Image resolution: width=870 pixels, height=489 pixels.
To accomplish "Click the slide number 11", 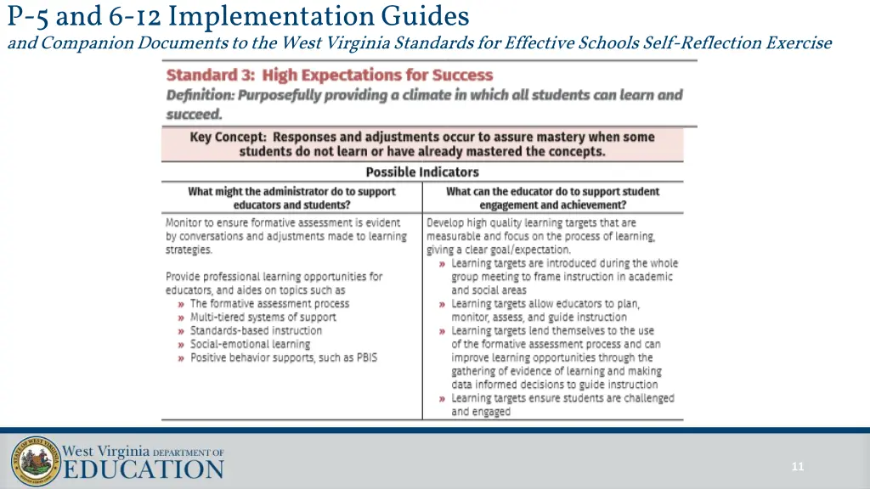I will [x=797, y=466].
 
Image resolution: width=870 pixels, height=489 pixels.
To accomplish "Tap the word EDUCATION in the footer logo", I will [x=144, y=469].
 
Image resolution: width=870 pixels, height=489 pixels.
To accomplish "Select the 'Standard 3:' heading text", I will [x=210, y=76].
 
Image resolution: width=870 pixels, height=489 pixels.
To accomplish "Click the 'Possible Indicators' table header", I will [x=422, y=171].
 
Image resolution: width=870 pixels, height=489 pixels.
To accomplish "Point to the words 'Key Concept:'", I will [x=229, y=137].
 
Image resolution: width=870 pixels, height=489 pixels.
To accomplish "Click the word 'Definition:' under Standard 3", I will [x=201, y=95].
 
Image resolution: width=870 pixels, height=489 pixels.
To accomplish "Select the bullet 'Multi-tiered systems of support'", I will [x=263, y=318].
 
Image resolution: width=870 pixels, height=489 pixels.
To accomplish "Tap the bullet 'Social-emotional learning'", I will [x=250, y=345].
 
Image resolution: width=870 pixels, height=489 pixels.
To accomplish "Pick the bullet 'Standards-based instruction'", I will [x=256, y=331].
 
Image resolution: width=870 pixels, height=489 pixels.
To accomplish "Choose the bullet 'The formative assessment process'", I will [x=269, y=304].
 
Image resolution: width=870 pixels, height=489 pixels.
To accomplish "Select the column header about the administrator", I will [x=291, y=198].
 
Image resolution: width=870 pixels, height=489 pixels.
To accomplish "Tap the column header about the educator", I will [x=552, y=198].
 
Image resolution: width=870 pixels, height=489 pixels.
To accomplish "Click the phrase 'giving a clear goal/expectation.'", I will [x=499, y=250].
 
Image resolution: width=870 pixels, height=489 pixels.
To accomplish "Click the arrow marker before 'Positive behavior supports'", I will [x=182, y=358].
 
